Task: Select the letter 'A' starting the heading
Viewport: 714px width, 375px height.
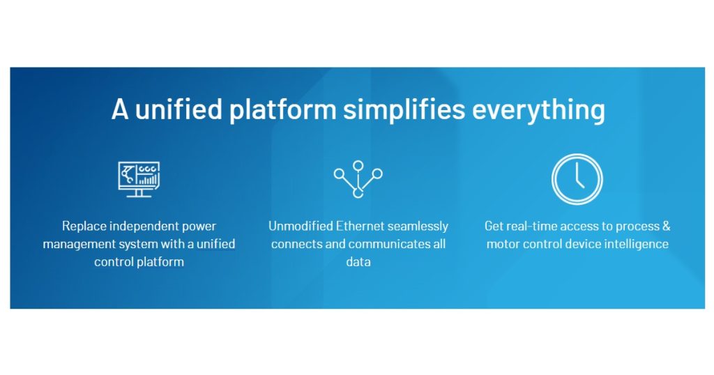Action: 120,110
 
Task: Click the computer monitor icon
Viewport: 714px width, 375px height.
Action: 139,178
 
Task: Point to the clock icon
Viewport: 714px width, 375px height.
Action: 577,178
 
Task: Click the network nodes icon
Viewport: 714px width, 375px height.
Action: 358,179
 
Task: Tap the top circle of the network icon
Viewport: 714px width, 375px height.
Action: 358,166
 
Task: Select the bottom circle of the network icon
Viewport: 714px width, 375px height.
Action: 358,193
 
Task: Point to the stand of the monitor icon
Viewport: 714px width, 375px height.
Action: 139,193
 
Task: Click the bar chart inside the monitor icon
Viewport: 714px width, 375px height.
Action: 148,180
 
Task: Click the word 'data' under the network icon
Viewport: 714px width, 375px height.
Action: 358,263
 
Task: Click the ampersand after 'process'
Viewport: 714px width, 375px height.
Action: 666,227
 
